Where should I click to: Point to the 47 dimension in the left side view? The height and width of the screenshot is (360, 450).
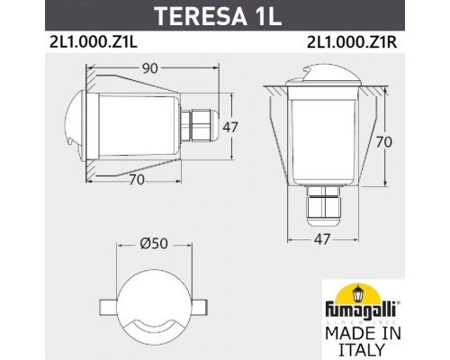click(x=230, y=127)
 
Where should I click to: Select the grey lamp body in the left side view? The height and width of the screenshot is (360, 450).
click(x=135, y=127)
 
